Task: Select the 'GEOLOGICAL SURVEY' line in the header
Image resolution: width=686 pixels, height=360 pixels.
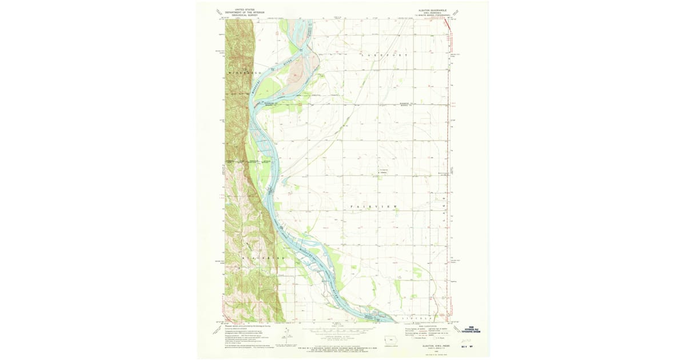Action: click(x=244, y=14)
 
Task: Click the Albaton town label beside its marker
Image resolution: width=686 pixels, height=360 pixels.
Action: click(x=384, y=173)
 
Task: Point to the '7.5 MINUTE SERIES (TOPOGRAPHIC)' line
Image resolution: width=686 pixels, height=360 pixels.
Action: click(x=433, y=17)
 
